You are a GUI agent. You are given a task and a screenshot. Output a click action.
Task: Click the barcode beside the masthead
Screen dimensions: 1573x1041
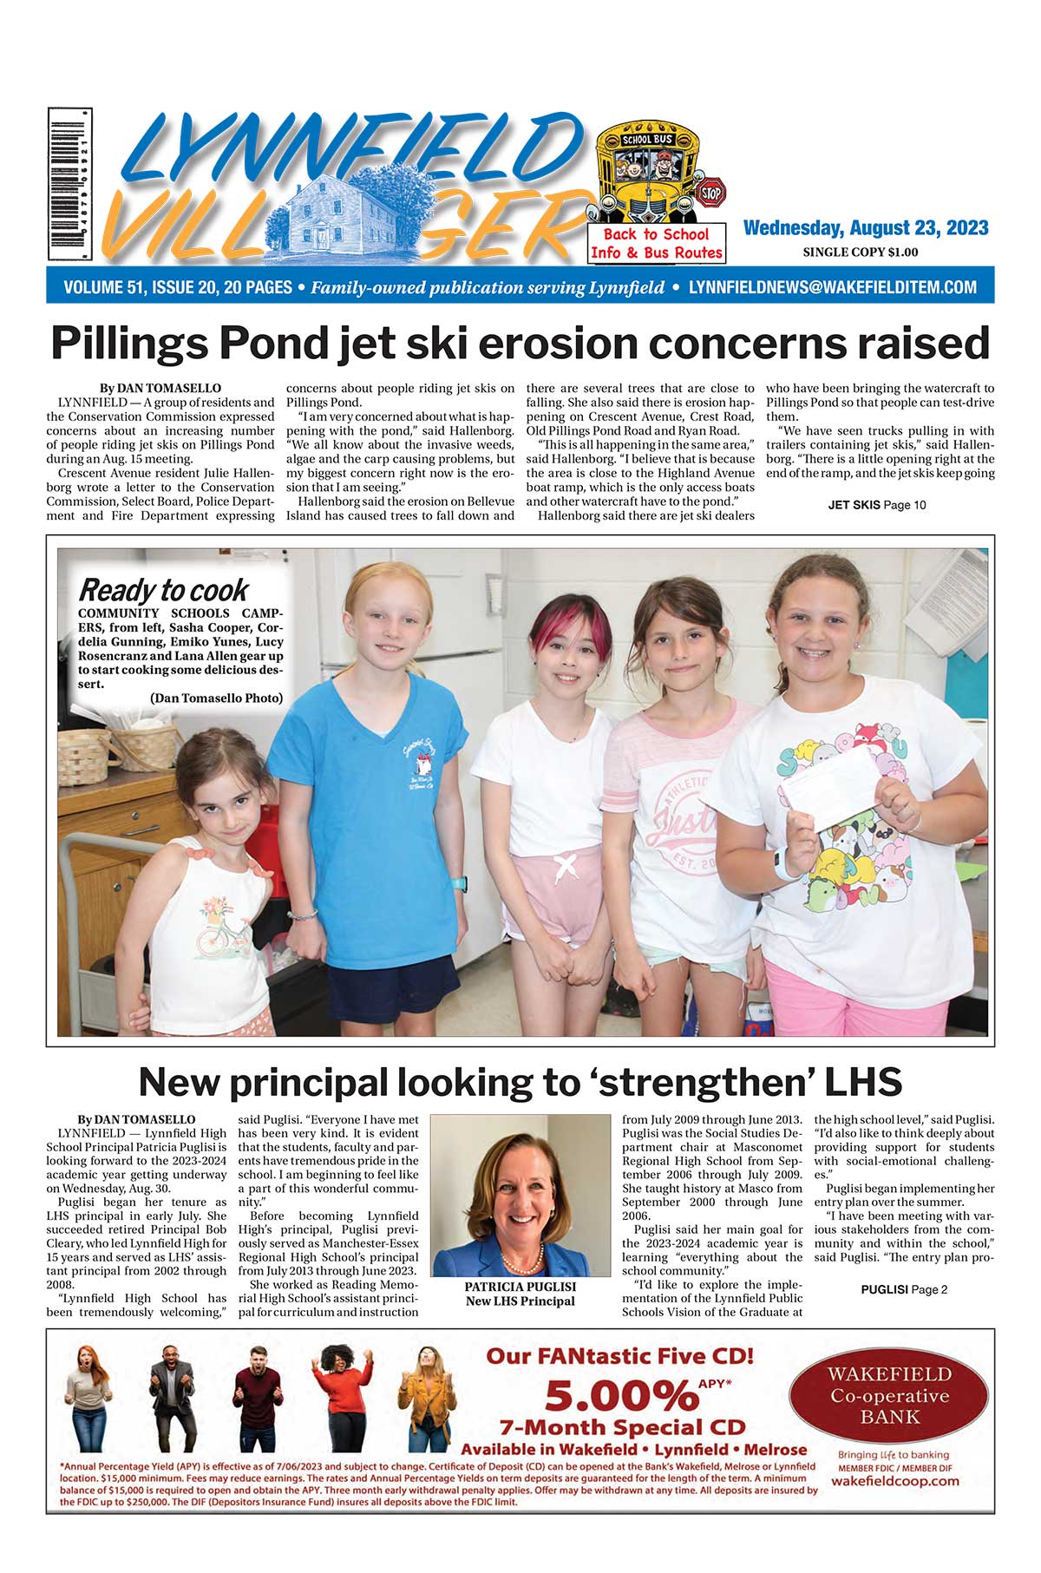click(x=69, y=184)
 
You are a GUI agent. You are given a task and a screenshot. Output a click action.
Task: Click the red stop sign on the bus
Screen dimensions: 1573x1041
click(x=711, y=191)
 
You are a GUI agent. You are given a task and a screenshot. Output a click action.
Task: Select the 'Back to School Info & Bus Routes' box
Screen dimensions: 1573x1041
click(x=657, y=244)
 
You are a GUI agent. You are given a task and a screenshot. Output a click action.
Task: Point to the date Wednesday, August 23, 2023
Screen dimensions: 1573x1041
click(x=866, y=228)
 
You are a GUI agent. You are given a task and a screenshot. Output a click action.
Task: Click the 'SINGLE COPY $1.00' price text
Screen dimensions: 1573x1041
click(x=860, y=252)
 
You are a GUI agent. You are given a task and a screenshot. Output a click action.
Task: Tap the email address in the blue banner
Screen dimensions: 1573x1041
click(x=833, y=287)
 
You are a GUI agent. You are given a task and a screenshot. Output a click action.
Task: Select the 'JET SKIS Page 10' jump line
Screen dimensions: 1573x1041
click(x=877, y=505)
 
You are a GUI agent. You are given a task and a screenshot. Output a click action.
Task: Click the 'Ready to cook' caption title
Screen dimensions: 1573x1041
click(x=163, y=591)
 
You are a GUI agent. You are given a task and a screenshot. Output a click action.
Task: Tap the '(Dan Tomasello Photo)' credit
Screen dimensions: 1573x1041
click(x=216, y=698)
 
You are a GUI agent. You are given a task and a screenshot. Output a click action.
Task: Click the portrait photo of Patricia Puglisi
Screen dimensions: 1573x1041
click(x=520, y=1195)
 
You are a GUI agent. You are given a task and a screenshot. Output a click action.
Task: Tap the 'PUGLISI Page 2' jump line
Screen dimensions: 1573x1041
click(x=904, y=1290)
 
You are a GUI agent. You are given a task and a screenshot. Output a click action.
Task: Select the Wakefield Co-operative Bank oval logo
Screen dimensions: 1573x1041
click(x=889, y=1397)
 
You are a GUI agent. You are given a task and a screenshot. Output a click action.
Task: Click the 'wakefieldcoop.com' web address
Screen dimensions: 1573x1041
click(x=894, y=1481)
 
